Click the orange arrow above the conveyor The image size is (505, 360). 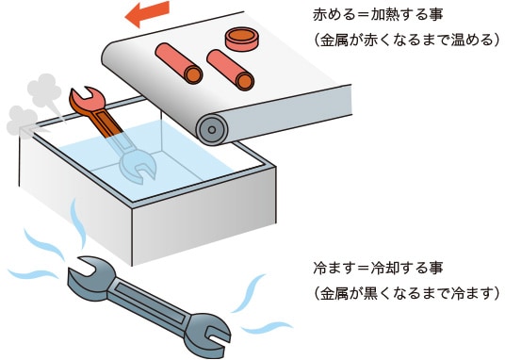147,14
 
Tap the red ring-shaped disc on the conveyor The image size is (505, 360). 241,40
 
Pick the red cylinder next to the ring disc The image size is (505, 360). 231,70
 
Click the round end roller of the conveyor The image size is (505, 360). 212,129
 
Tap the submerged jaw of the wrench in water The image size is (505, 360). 138,166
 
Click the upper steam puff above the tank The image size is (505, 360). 44,90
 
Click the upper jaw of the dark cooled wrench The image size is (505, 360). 88,273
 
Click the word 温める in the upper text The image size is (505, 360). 472,41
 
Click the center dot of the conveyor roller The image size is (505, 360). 212,129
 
